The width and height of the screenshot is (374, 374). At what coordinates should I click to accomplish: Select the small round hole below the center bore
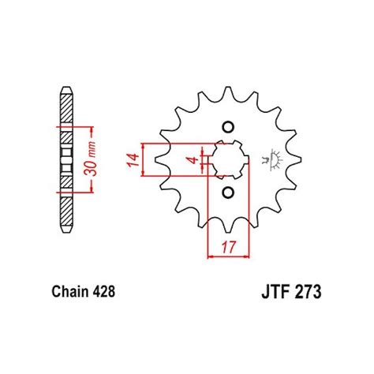pos(228,194)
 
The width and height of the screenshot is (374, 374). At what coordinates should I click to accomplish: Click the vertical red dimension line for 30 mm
pos(96,157)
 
